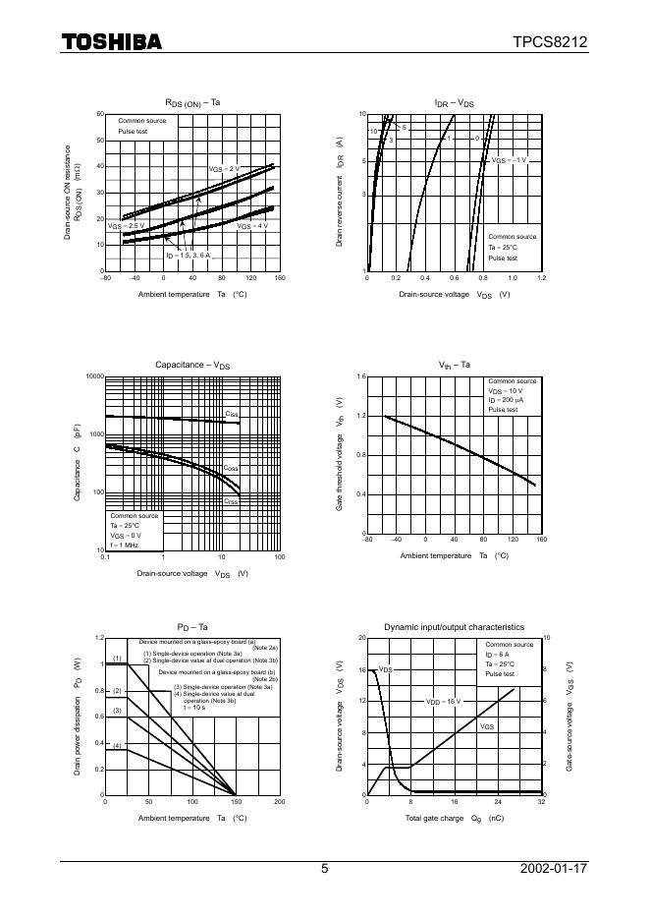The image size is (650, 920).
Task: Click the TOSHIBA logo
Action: click(113, 41)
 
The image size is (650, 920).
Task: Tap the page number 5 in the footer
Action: click(324, 869)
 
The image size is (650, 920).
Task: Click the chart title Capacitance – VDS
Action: click(192, 365)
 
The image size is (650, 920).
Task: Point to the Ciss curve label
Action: click(232, 414)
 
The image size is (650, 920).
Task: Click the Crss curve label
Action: click(232, 501)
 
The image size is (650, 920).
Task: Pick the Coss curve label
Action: click(232, 469)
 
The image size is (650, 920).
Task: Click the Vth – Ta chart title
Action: click(454, 365)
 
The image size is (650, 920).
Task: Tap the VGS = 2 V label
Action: click(224, 169)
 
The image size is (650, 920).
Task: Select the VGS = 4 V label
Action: click(252, 225)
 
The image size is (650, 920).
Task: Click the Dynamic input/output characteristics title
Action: click(454, 626)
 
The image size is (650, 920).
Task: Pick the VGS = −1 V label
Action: click(510, 159)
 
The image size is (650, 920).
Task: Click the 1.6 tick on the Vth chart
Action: click(360, 376)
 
